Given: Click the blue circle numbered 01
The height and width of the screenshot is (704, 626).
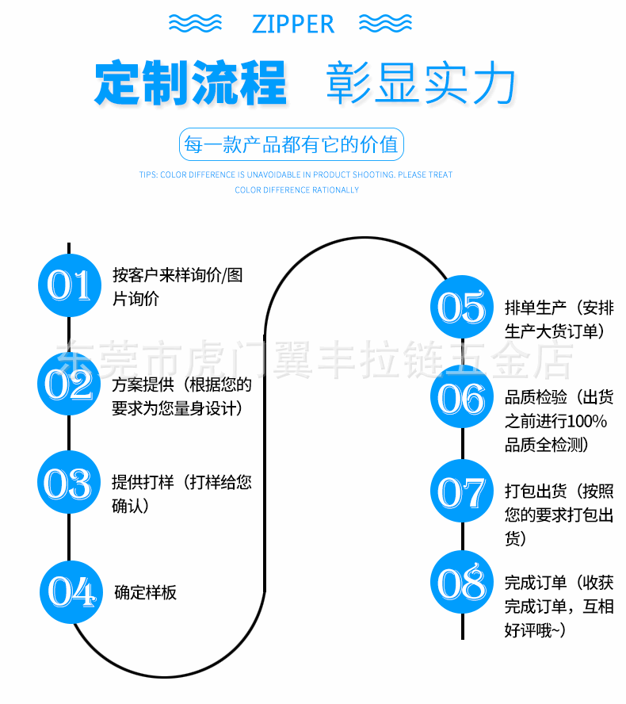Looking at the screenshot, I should click(x=70, y=285).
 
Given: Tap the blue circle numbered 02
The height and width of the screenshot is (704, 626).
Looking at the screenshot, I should click(x=70, y=385).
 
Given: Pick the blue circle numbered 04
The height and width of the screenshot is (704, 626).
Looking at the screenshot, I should click(x=71, y=591).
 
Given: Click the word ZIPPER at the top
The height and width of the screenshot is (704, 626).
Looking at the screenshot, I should click(x=293, y=24).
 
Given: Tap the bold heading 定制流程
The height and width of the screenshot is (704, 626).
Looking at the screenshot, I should click(x=190, y=83).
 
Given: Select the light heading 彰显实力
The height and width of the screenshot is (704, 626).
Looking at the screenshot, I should click(x=421, y=83).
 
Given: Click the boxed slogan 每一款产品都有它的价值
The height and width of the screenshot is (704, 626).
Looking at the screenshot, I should click(x=291, y=146).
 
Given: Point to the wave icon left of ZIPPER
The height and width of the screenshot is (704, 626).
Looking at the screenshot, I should click(x=195, y=24).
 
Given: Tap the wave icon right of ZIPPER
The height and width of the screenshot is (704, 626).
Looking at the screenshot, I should click(x=385, y=24).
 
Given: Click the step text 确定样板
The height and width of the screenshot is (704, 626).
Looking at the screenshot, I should click(x=146, y=592).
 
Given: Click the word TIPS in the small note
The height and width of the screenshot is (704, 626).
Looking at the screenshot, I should click(x=148, y=174).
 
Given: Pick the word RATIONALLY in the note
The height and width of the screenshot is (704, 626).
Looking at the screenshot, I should click(x=336, y=189).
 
